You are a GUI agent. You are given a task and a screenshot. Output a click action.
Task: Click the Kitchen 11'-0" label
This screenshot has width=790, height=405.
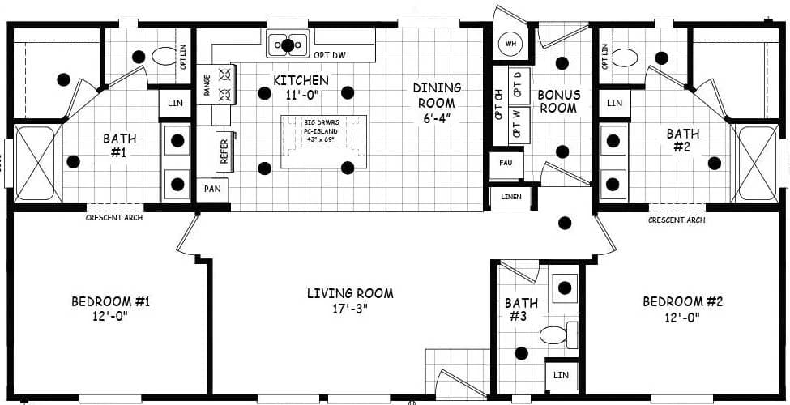pos(301,87)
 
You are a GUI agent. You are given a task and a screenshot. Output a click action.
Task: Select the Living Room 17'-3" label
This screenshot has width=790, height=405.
pos(350,301)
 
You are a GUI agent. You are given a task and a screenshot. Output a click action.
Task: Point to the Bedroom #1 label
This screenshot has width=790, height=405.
pos(110,309)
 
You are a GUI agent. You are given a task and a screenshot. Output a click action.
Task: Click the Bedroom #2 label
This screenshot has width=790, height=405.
pos(682,309)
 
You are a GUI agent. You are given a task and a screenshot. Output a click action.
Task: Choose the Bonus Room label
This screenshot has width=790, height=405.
pos(558,101)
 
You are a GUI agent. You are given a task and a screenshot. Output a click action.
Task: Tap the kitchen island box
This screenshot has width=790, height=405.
pos(323,142)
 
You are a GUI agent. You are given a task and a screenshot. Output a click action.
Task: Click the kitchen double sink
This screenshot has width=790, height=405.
pos(288,43)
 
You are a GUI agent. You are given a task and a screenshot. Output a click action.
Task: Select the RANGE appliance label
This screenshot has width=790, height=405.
pos(207,85)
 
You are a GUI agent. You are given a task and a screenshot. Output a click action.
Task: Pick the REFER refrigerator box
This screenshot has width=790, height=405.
pos(224,151)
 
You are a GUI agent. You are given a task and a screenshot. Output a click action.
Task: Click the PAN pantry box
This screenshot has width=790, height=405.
pos(213,190)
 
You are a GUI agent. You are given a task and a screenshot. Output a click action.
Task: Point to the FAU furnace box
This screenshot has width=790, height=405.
pos(506,164)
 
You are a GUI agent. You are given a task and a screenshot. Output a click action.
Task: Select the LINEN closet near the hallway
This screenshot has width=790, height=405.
pos(510,198)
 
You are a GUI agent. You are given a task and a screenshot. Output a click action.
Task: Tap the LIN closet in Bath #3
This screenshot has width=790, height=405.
pos(561,375)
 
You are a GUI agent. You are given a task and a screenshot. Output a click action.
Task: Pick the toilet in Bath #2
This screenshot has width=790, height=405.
pos(624,58)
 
